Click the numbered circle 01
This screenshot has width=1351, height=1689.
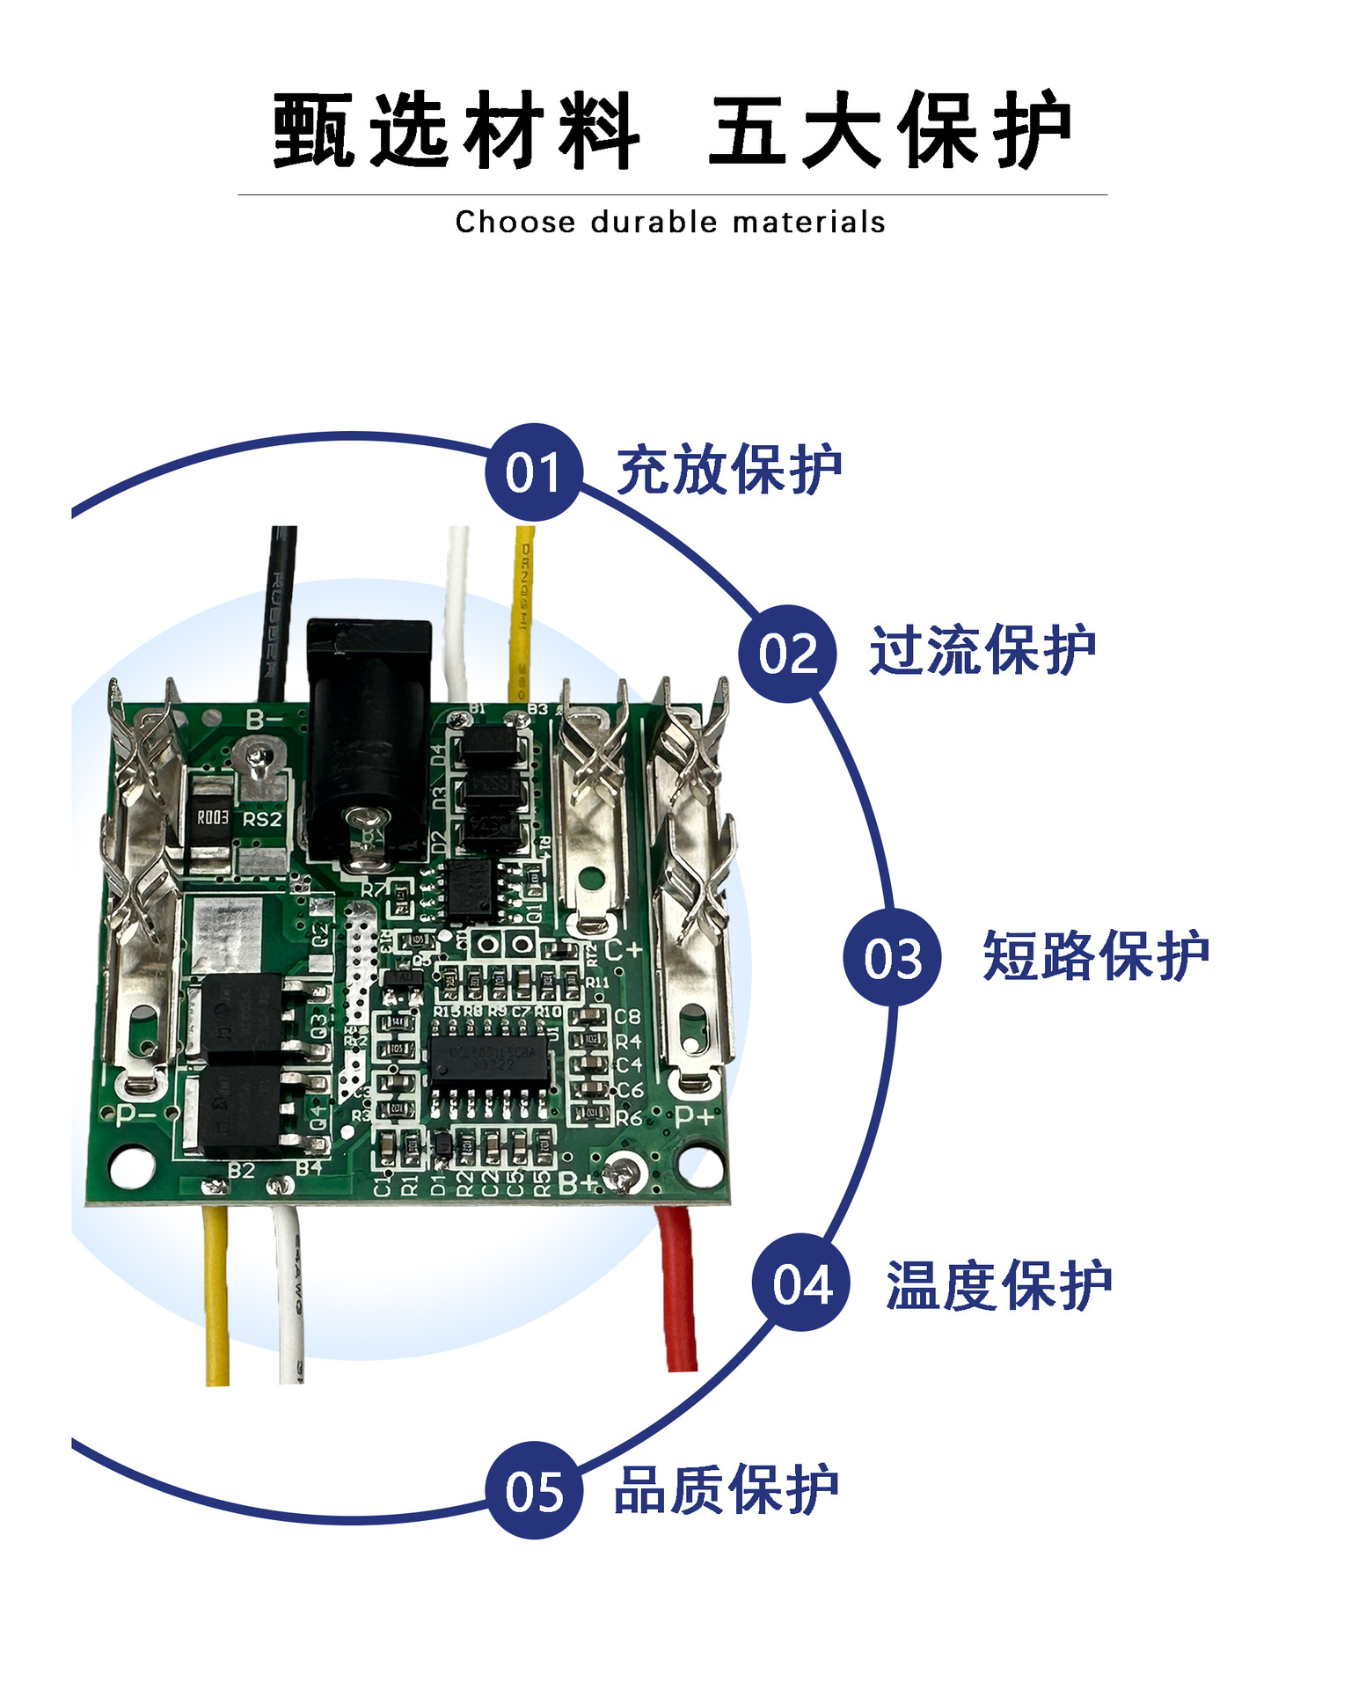point(533,472)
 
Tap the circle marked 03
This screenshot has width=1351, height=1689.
point(892,957)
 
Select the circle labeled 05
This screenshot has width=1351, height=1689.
point(534,1490)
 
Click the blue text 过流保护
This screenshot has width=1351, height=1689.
point(982,651)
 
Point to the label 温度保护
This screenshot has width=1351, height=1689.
point(998,1285)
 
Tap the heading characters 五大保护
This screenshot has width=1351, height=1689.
point(890,130)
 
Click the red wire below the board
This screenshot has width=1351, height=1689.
point(677,1289)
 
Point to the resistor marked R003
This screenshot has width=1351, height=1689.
point(212,818)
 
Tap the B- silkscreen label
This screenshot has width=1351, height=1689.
point(264,720)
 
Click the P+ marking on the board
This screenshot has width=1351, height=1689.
point(695,1117)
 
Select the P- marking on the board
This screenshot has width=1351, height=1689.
point(135,1115)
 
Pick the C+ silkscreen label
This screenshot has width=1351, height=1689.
point(624,950)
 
